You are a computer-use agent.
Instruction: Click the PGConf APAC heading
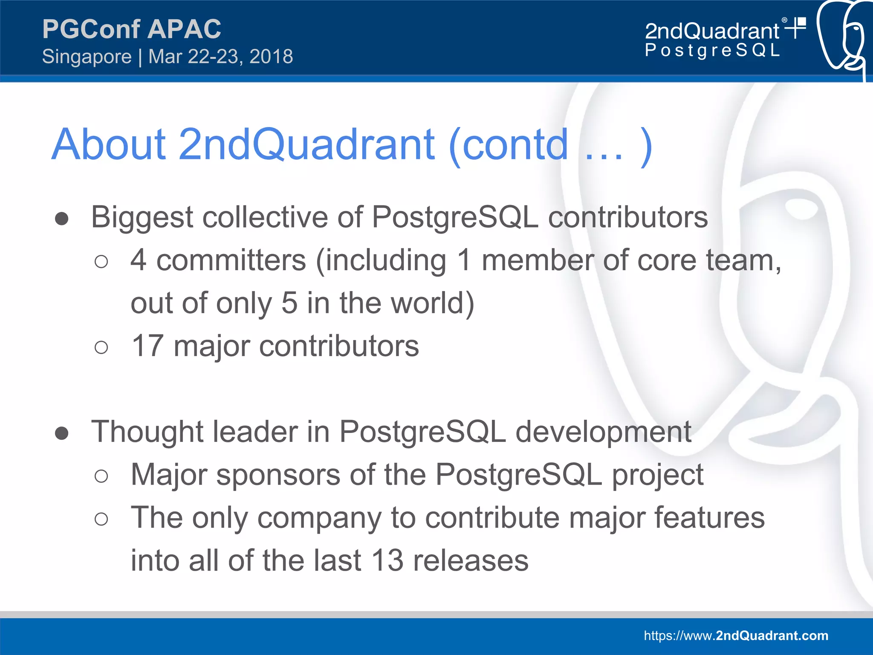pyautogui.click(x=131, y=29)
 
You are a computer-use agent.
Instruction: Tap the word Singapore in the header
pyautogui.click(x=87, y=57)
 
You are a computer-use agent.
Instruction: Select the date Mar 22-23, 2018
pyautogui.click(x=220, y=57)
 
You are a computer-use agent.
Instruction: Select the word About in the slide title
pyautogui.click(x=108, y=145)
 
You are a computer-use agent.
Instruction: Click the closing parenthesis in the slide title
pyautogui.click(x=646, y=146)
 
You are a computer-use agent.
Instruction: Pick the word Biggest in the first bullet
pyautogui.click(x=142, y=218)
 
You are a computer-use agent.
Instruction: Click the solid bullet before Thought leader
pyautogui.click(x=62, y=433)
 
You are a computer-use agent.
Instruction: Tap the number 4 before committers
pyautogui.click(x=139, y=260)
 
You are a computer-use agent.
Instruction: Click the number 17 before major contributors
pyautogui.click(x=147, y=346)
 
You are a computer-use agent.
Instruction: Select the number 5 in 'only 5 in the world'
pyautogui.click(x=289, y=303)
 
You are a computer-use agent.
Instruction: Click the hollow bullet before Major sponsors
pyautogui.click(x=101, y=476)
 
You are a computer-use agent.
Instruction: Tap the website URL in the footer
pyautogui.click(x=736, y=635)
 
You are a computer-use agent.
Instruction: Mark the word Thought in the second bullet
pyautogui.click(x=147, y=432)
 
